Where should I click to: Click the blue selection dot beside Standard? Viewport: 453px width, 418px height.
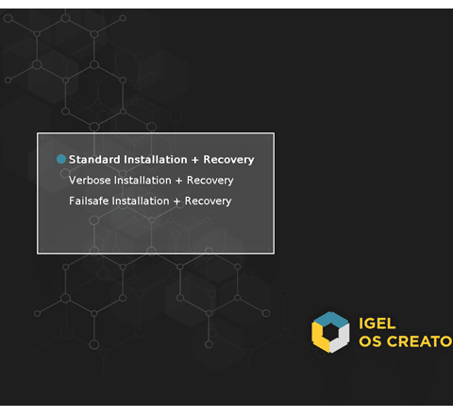(x=61, y=159)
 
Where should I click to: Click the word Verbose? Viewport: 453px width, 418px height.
(x=90, y=181)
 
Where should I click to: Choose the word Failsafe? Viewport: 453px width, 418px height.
(x=89, y=200)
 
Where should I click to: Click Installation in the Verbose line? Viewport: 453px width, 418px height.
(x=143, y=181)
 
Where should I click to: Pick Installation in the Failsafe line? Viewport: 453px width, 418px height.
(x=141, y=200)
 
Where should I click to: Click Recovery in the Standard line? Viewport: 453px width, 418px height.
(x=228, y=160)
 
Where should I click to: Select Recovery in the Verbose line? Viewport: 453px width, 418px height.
(x=210, y=181)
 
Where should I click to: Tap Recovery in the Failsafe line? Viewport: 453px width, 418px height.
(x=208, y=201)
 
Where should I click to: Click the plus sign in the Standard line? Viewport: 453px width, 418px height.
(x=195, y=160)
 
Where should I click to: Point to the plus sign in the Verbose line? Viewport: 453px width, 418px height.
(x=179, y=181)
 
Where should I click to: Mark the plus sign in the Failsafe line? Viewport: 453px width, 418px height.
(x=176, y=201)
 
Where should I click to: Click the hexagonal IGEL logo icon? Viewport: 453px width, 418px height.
(x=330, y=332)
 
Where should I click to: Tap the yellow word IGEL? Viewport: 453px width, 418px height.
(x=377, y=323)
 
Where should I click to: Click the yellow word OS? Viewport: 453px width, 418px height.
(x=370, y=341)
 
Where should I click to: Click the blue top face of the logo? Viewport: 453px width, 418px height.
(x=330, y=318)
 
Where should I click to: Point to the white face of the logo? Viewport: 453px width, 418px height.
(x=341, y=339)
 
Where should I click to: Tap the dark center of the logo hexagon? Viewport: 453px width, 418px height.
(x=330, y=332)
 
